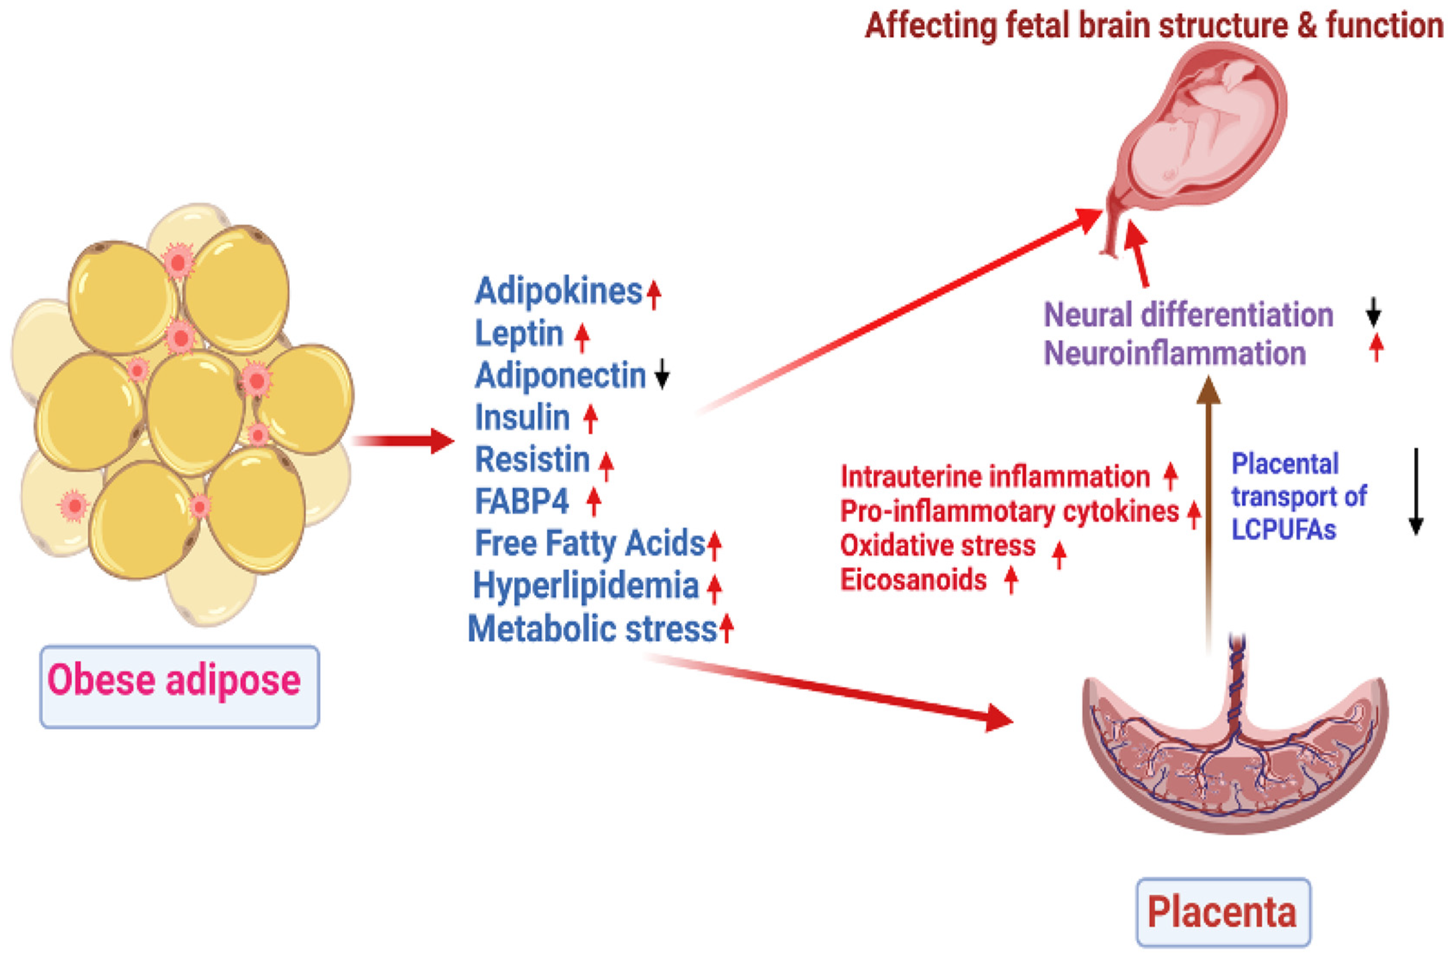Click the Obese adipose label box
click(x=179, y=687)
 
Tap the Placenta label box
click(x=1223, y=912)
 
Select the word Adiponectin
click(x=560, y=375)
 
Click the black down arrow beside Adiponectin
click(x=662, y=374)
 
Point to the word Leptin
click(x=519, y=334)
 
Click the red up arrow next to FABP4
click(x=593, y=501)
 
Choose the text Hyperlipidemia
click(x=586, y=585)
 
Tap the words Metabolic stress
click(x=592, y=629)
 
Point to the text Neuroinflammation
click(x=1174, y=353)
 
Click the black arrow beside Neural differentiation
click(x=1373, y=312)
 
